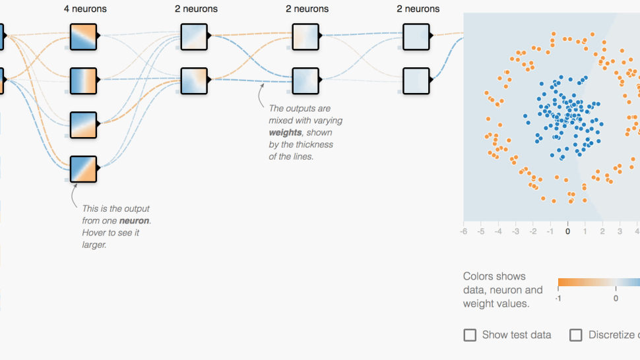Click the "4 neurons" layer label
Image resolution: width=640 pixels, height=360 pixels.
85,9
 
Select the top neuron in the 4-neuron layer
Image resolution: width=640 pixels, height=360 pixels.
83,37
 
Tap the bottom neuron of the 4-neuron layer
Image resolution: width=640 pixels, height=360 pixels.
83,169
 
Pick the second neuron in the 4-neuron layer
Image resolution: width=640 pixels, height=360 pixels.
83,80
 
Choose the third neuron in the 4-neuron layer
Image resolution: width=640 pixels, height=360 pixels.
83,125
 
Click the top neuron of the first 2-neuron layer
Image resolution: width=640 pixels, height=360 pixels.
194,37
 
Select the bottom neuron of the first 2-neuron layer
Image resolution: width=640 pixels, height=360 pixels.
194,80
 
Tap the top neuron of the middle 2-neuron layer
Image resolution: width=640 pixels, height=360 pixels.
305,37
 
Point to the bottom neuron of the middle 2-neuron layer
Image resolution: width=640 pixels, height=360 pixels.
305,80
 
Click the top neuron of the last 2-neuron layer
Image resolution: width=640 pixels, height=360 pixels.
416,37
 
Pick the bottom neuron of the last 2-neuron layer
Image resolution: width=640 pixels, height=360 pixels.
416,80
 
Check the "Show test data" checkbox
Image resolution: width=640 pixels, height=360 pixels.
470,335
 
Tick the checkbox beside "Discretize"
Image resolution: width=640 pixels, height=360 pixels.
575,335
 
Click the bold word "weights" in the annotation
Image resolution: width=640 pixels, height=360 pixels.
285,133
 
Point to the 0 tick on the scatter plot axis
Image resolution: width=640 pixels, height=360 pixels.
567,231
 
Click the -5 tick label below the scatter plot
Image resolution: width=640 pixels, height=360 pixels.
481,231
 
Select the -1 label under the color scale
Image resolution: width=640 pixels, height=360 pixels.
558,299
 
